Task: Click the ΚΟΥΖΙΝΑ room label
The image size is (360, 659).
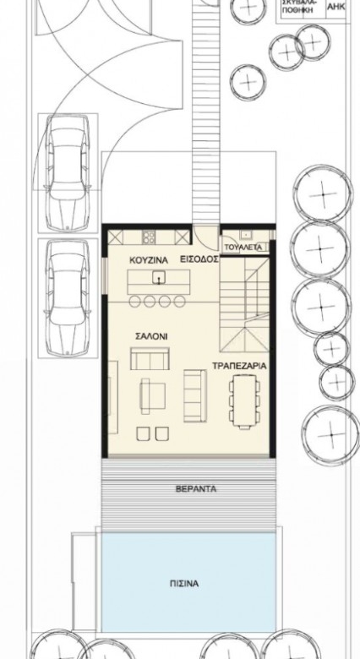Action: tap(149, 260)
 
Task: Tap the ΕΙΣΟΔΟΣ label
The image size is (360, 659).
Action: tap(199, 259)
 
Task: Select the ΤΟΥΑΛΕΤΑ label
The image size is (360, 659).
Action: tap(243, 247)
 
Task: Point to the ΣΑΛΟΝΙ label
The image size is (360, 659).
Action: tap(151, 336)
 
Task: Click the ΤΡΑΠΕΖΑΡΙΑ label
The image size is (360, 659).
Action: tap(239, 366)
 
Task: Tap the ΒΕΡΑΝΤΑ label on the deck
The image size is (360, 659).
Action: tap(190, 489)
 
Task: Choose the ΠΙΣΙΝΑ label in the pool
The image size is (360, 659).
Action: tap(184, 583)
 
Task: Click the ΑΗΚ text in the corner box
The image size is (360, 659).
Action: tap(336, 7)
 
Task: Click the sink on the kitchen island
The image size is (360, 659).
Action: tap(159, 278)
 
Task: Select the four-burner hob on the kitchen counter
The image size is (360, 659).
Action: tap(149, 237)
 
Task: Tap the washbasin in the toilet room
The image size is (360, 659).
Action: tap(245, 235)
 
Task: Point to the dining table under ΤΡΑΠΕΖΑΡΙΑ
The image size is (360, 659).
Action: tap(244, 402)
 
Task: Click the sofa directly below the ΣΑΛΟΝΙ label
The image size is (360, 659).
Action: tap(150, 358)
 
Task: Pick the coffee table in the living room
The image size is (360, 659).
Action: tap(152, 396)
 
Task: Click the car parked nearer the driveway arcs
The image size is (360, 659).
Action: tap(68, 172)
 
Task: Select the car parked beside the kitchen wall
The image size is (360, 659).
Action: tap(68, 297)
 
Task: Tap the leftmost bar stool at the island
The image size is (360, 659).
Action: tap(134, 302)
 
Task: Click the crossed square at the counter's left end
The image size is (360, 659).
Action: tap(115, 237)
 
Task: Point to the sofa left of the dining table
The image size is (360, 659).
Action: tap(195, 395)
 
